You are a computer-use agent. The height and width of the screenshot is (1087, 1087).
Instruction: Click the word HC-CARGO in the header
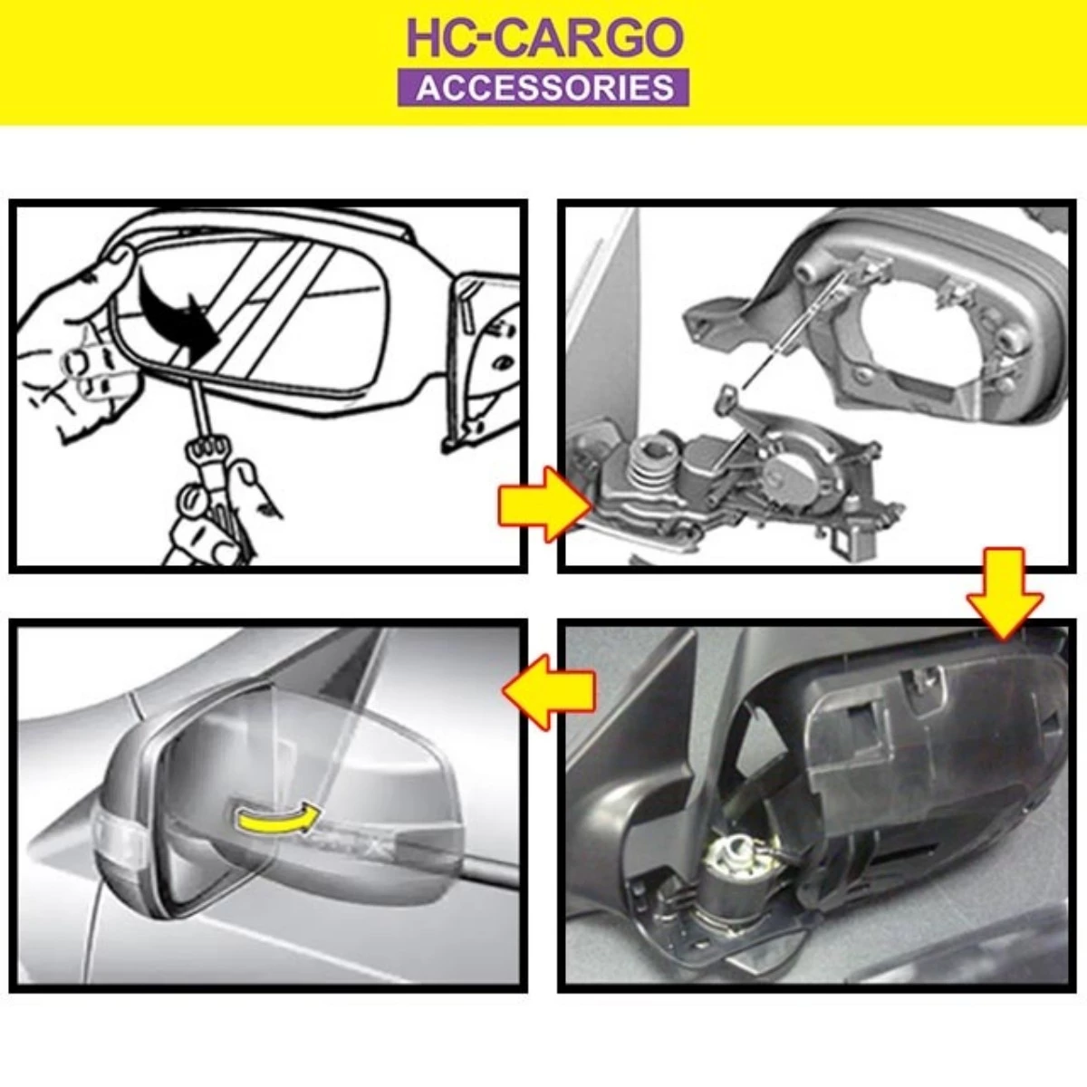coord(543,37)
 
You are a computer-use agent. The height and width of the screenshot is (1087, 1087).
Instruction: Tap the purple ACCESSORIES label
coord(543,88)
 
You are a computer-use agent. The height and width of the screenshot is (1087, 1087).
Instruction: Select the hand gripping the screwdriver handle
coord(213,507)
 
